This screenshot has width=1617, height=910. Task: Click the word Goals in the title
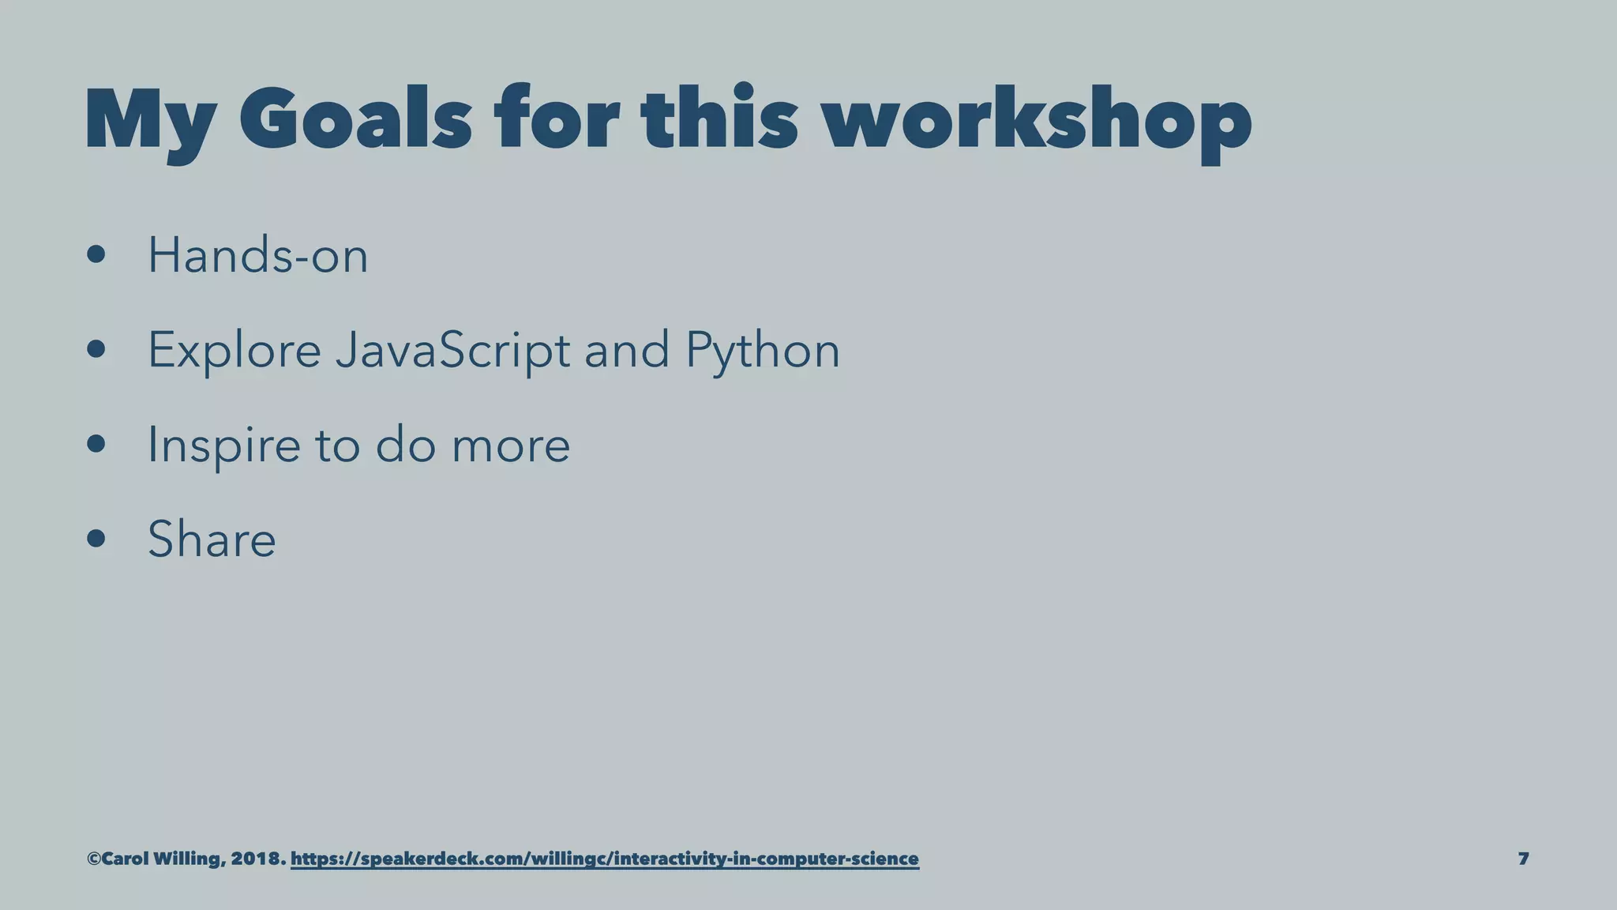tap(355, 121)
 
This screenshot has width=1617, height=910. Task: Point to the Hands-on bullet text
tap(257, 256)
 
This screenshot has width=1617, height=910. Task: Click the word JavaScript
tap(452, 350)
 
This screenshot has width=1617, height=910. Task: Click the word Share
tap(212, 540)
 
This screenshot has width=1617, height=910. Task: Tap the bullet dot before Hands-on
tap(96, 255)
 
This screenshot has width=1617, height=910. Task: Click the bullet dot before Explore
tap(96, 349)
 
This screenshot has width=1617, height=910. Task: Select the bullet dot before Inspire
tap(96, 444)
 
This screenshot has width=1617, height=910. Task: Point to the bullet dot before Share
tap(96, 539)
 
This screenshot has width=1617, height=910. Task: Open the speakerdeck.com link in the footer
tap(604, 859)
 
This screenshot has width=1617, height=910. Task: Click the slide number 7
tap(1523, 859)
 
